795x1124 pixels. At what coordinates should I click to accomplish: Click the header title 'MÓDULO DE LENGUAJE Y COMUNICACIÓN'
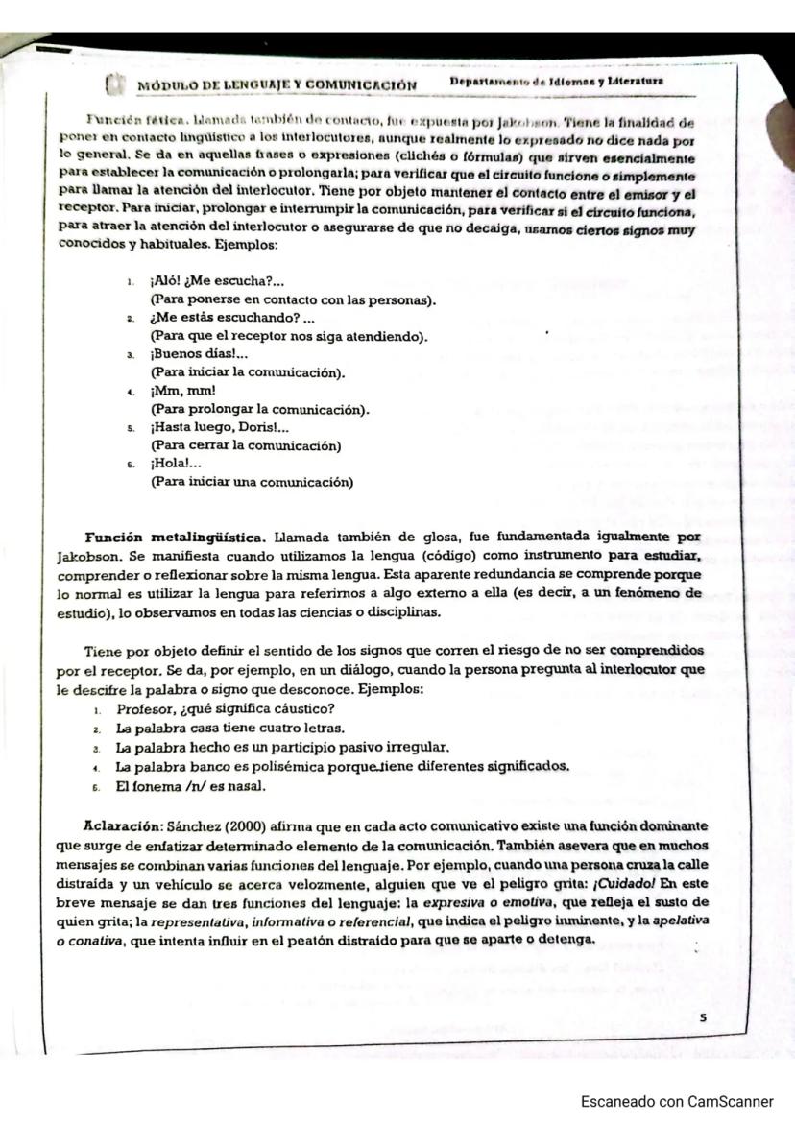click(277, 85)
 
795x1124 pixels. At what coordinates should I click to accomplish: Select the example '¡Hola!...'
click(177, 465)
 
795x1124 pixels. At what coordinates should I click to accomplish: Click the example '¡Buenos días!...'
click(200, 354)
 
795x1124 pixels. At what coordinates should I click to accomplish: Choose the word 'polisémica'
click(292, 766)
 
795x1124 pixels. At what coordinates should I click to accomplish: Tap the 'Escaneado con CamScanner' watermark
click(676, 1102)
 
